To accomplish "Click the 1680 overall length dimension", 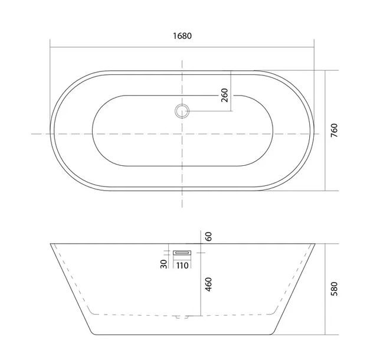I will [x=182, y=35].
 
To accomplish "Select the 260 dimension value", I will [x=225, y=94].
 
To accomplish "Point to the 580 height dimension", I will [x=334, y=289].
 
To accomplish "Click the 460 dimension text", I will [x=208, y=285].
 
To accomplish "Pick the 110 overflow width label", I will [x=182, y=265].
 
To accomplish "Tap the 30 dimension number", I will [x=164, y=263].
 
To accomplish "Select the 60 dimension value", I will [x=208, y=237].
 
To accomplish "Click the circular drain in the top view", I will [x=182, y=110].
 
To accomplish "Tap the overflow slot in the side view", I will [x=182, y=253].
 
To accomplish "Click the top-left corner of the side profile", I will [x=50, y=243].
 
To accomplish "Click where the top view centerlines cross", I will [x=182, y=134].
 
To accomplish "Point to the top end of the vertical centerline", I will [x=182, y=59].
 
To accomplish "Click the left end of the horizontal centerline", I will [x=31, y=134].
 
